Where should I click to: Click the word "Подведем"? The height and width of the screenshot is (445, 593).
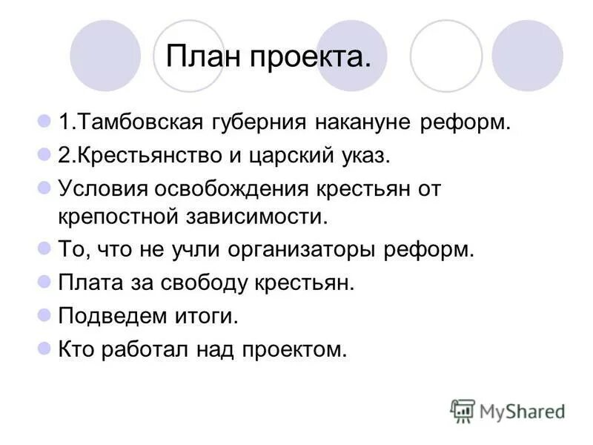click(x=105, y=317)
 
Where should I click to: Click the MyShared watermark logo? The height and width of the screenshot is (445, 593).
click(x=507, y=410)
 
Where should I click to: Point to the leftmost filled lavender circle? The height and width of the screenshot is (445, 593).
click(x=105, y=56)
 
